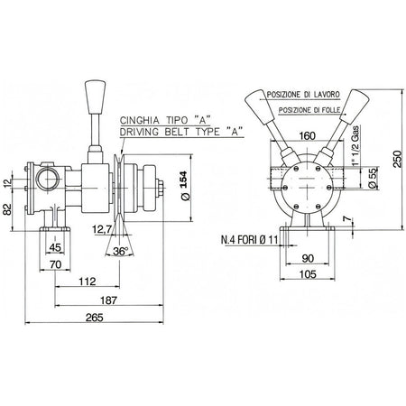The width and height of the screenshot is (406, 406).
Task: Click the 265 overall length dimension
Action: [94, 318]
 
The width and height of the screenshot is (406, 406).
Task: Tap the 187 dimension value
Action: [108, 300]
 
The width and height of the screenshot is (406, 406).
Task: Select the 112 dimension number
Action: [88, 281]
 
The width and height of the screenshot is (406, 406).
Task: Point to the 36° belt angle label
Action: [120, 251]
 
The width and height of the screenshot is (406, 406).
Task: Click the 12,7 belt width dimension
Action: [102, 229]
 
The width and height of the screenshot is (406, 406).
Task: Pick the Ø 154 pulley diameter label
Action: [185, 186]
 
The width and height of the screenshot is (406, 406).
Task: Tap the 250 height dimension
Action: [398, 160]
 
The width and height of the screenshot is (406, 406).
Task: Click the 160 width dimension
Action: [308, 136]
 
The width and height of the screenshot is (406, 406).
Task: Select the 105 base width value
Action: [309, 274]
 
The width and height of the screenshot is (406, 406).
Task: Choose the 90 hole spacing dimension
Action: [308, 258]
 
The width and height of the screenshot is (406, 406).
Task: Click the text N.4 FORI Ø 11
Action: [249, 240]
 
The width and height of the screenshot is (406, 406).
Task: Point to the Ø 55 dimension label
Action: [373, 179]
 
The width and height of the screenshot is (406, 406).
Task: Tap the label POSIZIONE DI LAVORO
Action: [303, 95]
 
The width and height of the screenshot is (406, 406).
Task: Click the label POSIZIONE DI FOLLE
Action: [309, 110]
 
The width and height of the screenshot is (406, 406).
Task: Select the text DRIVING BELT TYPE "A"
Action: [181, 132]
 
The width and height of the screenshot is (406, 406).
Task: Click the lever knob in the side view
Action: [95, 97]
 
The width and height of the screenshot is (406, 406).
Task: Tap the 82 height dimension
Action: [7, 209]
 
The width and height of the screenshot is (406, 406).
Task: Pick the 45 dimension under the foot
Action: [55, 247]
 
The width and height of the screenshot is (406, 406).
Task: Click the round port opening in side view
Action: [47, 180]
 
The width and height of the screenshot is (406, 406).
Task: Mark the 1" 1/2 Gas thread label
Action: [355, 145]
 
